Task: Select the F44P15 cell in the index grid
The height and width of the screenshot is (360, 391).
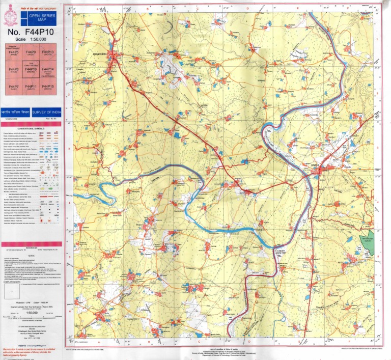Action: [x=48, y=88]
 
